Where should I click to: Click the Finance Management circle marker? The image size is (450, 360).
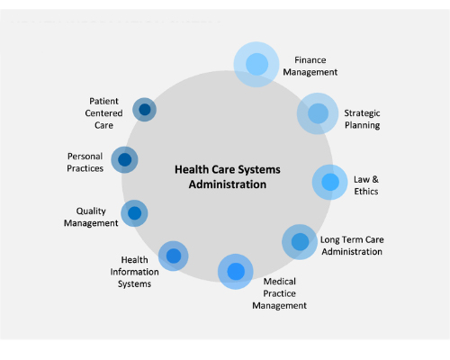(256, 64)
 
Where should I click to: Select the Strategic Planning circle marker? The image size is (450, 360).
(318, 113)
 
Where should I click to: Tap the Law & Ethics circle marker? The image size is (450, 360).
(330, 182)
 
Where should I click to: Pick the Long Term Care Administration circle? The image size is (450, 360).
(300, 242)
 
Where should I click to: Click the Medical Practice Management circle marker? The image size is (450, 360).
(236, 272)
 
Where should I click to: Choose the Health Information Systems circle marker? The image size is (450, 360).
(174, 256)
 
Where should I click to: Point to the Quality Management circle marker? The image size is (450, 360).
(134, 213)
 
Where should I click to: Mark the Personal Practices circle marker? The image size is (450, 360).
(124, 159)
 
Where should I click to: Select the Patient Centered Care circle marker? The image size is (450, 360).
(144, 110)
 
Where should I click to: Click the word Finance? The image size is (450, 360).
(310, 60)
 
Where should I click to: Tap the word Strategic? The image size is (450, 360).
(362, 113)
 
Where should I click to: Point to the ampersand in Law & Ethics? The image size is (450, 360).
(375, 179)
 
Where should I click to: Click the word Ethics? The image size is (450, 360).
(366, 192)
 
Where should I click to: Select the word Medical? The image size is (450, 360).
(280, 282)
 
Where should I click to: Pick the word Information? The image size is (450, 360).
(134, 272)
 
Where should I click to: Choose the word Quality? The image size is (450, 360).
(91, 211)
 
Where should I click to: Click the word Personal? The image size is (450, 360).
(85, 157)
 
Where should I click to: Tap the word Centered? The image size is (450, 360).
(103, 113)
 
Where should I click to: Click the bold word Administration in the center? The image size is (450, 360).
(228, 184)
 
